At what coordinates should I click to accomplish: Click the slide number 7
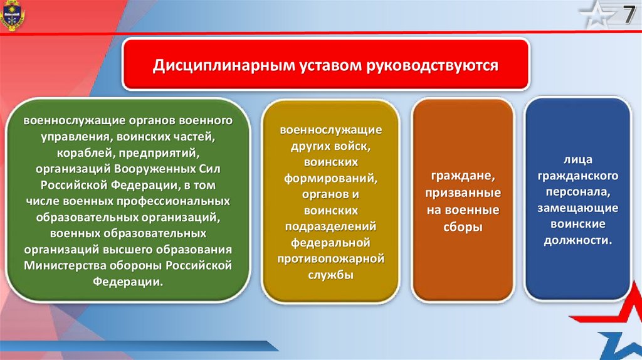629,16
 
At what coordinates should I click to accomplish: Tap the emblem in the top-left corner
12,15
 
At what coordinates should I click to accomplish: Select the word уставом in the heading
330,66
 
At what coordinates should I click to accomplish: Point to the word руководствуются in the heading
432,66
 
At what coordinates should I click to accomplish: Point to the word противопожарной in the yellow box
331,259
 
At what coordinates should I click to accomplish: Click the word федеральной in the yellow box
331,243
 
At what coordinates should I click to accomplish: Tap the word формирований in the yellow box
331,178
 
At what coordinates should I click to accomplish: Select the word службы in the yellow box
331,275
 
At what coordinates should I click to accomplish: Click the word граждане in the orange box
463,176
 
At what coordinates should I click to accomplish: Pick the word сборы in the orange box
463,227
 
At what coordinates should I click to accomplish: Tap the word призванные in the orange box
463,193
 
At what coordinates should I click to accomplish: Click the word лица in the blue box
577,160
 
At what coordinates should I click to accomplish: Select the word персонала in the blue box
577,192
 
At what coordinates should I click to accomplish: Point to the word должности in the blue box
577,240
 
